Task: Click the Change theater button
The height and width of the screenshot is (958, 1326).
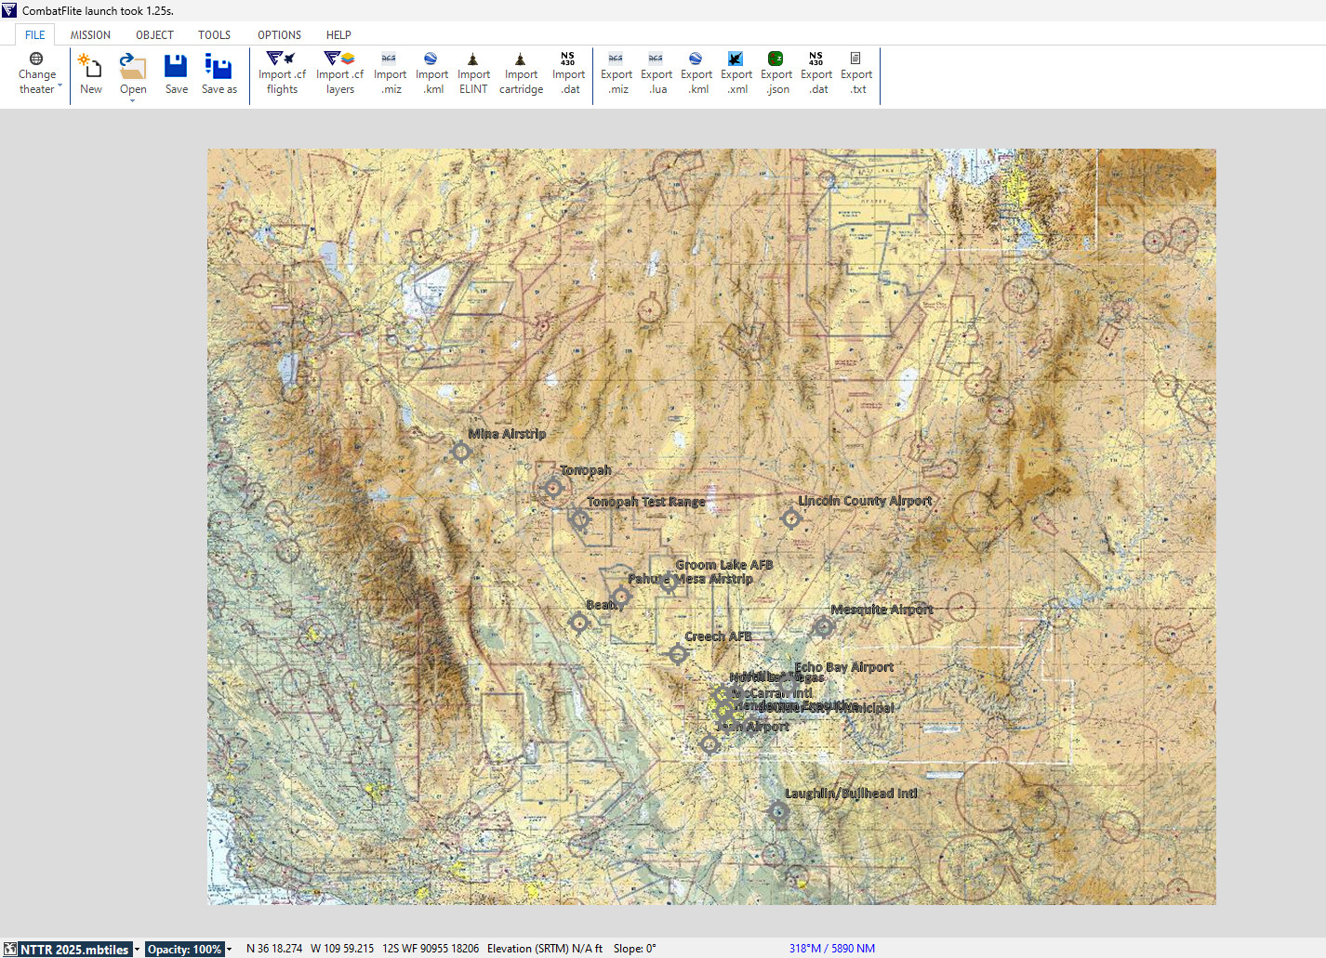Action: click(37, 74)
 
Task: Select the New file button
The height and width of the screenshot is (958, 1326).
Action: click(91, 74)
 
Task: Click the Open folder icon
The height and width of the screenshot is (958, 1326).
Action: click(133, 67)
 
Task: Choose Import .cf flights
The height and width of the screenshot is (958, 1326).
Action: click(282, 74)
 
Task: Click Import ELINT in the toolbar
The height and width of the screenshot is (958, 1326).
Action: click(473, 74)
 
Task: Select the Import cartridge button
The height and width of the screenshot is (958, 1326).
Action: click(521, 74)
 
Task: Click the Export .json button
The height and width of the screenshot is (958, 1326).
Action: click(776, 74)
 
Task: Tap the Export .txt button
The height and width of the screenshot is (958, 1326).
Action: click(856, 74)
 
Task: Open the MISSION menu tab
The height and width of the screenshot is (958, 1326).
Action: click(90, 35)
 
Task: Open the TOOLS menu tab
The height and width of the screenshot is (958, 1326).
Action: click(214, 35)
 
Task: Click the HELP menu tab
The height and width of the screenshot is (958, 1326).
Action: click(338, 35)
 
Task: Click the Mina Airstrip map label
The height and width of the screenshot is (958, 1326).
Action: click(507, 434)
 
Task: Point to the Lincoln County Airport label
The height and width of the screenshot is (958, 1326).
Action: click(865, 501)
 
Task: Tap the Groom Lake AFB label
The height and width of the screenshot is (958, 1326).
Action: click(724, 565)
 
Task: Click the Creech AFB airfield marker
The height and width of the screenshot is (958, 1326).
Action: click(679, 654)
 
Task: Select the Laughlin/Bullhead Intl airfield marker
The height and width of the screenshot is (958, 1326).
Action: click(778, 812)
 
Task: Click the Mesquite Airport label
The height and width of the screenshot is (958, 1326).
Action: click(882, 610)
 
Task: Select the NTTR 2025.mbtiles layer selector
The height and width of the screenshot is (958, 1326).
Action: click(74, 949)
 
